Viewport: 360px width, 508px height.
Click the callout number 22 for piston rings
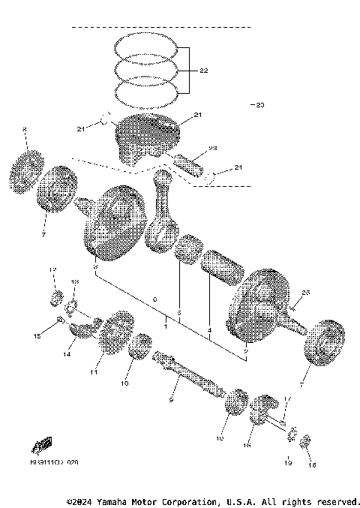[203, 70]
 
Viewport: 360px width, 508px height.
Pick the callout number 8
[24, 131]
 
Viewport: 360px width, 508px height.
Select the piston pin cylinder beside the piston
[192, 162]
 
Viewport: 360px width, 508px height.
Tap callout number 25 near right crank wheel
[305, 291]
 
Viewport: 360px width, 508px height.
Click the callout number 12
[52, 269]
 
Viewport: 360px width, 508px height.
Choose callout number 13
[74, 281]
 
